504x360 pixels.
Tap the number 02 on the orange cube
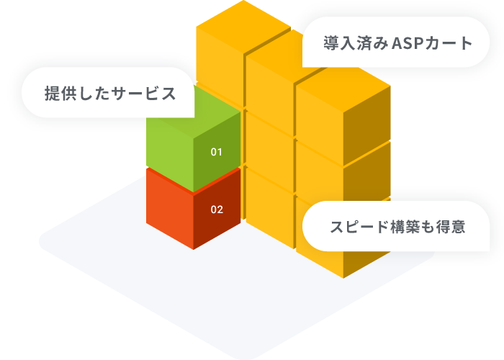217,210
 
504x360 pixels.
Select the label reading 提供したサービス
110,94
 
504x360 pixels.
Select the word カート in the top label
451,43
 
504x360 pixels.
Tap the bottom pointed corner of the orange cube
193,249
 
